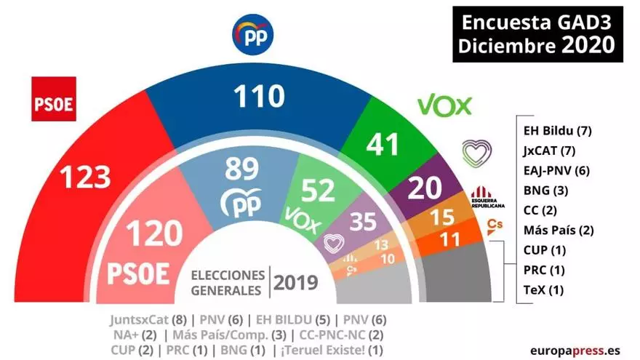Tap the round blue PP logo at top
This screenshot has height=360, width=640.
tap(252, 35)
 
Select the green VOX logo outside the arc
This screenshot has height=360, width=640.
tap(445, 106)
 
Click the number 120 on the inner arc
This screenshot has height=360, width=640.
tap(153, 234)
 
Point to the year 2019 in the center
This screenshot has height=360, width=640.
tap(296, 281)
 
